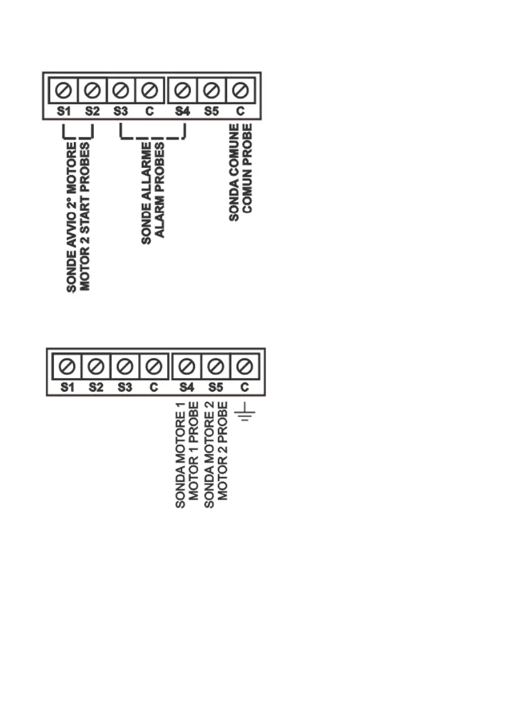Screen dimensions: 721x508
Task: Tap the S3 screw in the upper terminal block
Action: point(120,92)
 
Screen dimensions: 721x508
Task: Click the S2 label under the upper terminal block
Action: point(92,111)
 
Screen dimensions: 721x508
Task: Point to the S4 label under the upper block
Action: point(181,111)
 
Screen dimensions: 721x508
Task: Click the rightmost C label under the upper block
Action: point(240,111)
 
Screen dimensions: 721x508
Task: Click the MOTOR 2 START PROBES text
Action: point(85,217)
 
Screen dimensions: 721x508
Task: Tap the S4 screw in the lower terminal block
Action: point(187,367)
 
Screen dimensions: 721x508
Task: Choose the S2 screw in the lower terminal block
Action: point(96,367)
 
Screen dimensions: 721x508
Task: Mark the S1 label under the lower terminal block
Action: point(67,387)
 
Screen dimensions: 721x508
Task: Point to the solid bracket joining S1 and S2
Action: point(78,137)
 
